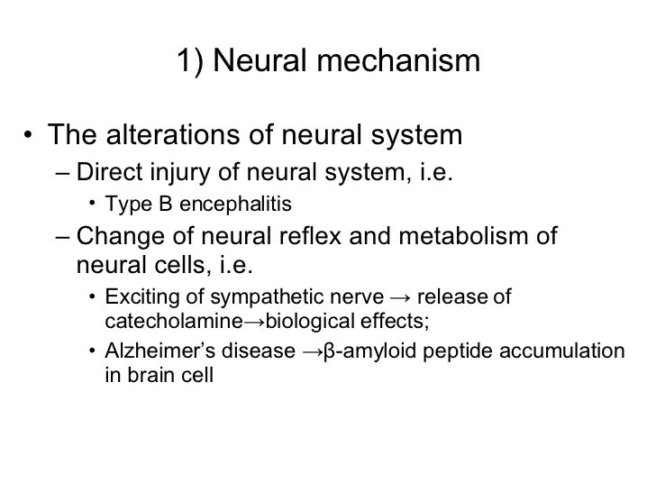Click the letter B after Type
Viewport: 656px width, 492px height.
pyautogui.click(x=164, y=205)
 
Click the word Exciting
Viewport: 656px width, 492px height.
pyautogui.click(x=135, y=299)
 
